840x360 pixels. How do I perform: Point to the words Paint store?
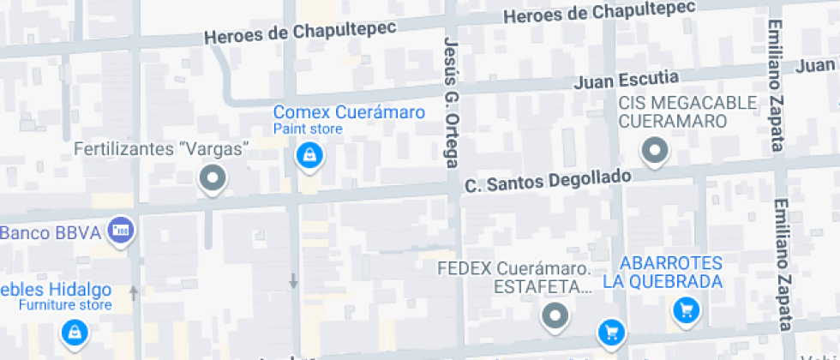(x=308, y=129)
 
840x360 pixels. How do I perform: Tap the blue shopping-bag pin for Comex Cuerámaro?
(x=309, y=156)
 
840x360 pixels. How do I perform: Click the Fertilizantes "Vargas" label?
(x=162, y=149)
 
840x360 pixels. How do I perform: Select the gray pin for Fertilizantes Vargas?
(x=212, y=179)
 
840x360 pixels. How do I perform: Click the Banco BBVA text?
(x=51, y=232)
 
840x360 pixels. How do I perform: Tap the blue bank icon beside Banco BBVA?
(x=122, y=230)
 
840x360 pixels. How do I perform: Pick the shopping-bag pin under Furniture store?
(x=75, y=332)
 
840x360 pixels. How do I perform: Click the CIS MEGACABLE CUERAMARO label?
(x=688, y=111)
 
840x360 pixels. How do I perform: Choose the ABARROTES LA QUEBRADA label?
(x=674, y=272)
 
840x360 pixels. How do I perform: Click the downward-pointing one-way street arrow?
(x=293, y=279)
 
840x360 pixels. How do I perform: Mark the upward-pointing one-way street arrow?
(x=133, y=292)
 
